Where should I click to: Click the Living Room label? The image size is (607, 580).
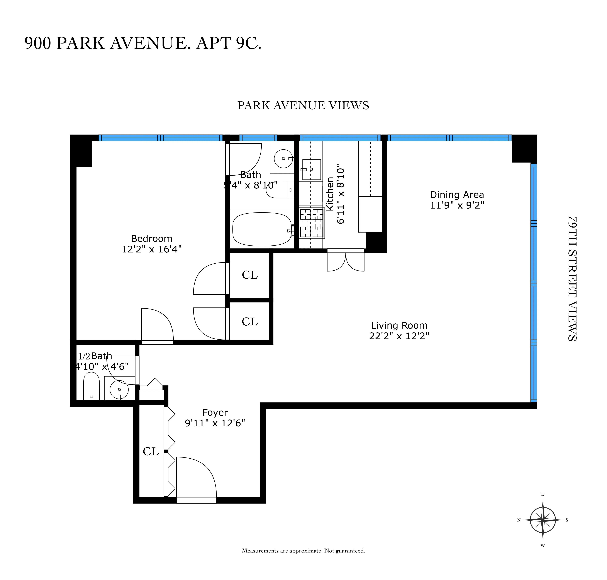399,325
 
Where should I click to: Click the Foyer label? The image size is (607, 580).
215,413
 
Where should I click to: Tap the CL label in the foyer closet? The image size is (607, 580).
151,451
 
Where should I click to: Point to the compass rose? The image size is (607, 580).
543,520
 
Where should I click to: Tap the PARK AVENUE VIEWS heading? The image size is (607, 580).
303,105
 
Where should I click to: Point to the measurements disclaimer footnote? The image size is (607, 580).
303,551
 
